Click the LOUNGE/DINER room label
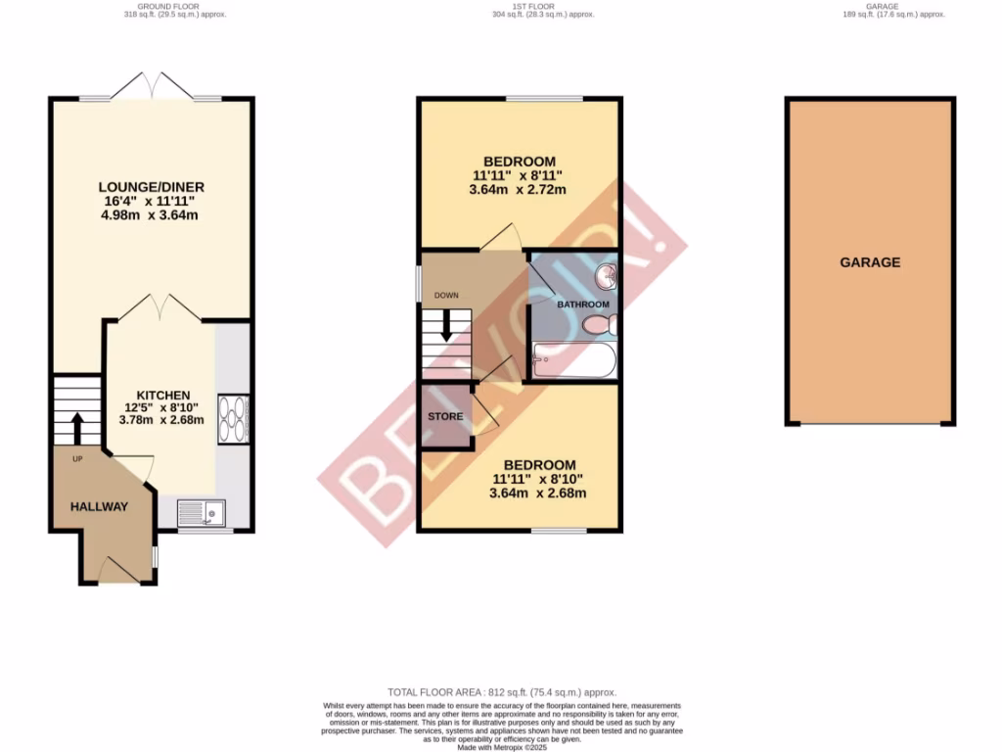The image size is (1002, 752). coord(151,187)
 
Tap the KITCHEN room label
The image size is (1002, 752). coord(162,395)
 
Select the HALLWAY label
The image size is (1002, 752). coord(99,506)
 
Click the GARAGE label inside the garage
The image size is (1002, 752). coord(869,262)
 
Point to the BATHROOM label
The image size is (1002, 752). coord(583,305)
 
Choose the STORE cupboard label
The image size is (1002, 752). coord(445,416)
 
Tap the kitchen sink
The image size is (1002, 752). coord(202,511)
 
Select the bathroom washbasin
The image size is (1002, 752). coord(607,276)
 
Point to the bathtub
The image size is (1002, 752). coord(574,361)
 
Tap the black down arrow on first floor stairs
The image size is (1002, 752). coord(446,325)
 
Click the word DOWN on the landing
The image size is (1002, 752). coord(446,295)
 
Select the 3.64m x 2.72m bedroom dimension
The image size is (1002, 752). coord(520,190)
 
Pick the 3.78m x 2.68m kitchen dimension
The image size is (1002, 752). coord(161,420)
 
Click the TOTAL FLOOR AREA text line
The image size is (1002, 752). coord(500,691)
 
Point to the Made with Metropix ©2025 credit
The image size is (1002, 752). coord(500,747)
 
